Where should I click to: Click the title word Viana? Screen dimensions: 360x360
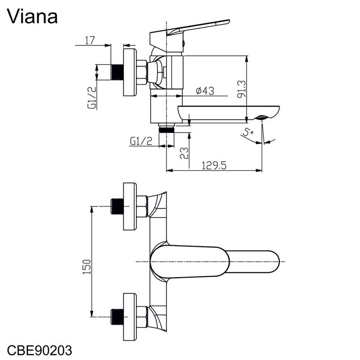(x=32, y=17)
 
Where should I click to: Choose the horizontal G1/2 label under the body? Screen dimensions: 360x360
(x=141, y=141)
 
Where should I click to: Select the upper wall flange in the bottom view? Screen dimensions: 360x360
(x=130, y=206)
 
